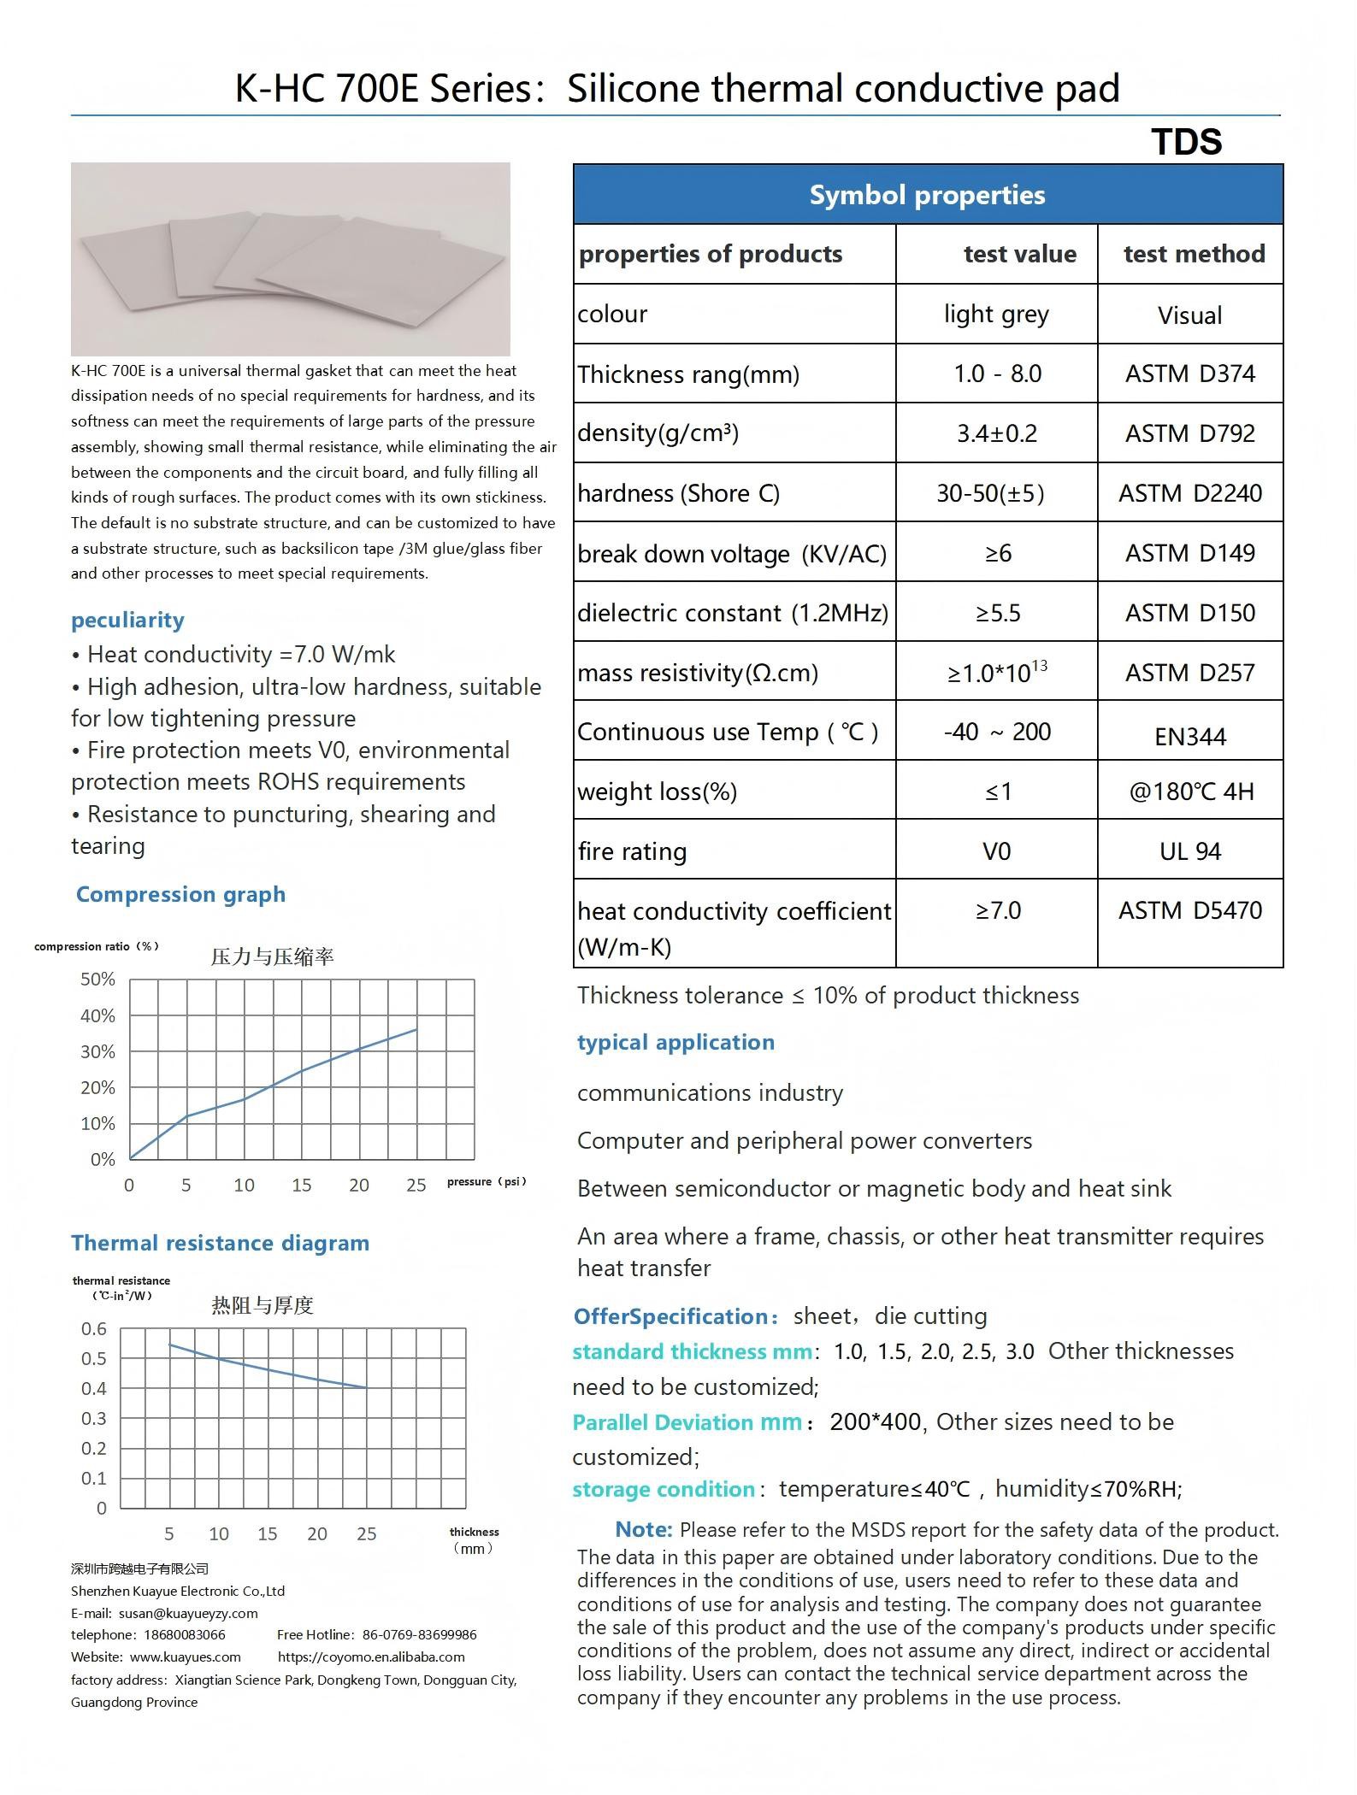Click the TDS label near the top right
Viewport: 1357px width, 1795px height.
[1186, 142]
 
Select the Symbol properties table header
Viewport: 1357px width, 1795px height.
[927, 195]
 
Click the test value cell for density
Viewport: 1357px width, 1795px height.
[996, 433]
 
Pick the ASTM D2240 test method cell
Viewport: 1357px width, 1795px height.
[1189, 493]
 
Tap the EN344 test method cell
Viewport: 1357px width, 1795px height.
[1189, 736]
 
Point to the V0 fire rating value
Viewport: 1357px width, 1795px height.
[996, 851]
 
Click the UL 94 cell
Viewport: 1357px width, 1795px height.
[1189, 851]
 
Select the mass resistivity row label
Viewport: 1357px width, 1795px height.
[698, 674]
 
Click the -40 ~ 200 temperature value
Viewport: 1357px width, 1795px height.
[997, 732]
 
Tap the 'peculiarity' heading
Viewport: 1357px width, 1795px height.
[127, 620]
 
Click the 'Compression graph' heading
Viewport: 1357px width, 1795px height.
[180, 894]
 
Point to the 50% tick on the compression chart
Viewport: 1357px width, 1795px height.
[97, 980]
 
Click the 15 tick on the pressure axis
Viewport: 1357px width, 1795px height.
[301, 1185]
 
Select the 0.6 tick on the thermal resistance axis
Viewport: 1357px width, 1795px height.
[94, 1329]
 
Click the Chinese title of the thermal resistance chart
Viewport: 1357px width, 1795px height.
[263, 1305]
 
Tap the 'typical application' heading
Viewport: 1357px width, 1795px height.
[676, 1042]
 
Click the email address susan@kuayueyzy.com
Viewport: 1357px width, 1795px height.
[188, 1613]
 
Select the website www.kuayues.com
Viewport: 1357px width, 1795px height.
[185, 1657]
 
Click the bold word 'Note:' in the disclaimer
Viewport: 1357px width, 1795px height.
[644, 1529]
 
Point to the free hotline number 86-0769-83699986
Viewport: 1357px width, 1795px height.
[419, 1634]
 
